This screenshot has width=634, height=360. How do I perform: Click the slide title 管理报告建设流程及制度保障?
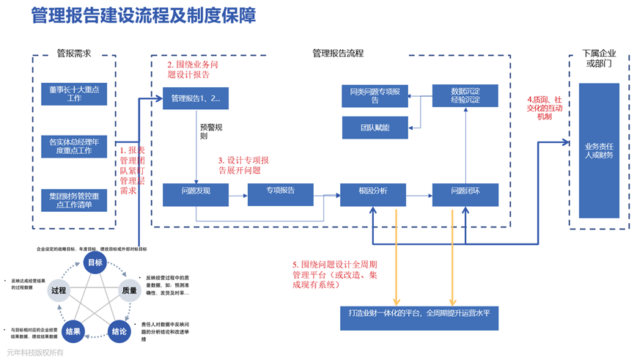143,16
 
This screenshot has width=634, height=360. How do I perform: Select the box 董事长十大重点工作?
74,93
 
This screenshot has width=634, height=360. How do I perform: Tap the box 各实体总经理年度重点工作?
74,146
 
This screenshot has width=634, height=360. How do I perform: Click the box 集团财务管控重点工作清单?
74,200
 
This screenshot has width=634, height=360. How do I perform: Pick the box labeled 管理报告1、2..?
196,98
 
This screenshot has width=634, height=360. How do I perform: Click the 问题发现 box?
196,191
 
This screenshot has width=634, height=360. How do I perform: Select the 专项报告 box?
280,191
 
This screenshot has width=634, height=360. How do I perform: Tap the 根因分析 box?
372,191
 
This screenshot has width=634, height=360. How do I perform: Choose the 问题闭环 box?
465,191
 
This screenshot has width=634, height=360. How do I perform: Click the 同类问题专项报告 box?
375,95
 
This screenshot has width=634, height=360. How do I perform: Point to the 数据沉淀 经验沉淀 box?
465,95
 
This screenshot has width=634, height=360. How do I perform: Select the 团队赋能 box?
375,128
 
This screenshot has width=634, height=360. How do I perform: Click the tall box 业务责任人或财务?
599,150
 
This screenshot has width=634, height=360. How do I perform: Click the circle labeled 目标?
95,263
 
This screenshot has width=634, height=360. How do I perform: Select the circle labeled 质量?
129,290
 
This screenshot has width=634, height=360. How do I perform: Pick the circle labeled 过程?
59,290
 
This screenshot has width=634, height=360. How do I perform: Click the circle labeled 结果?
73,331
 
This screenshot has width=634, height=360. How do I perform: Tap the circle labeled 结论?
119,331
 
